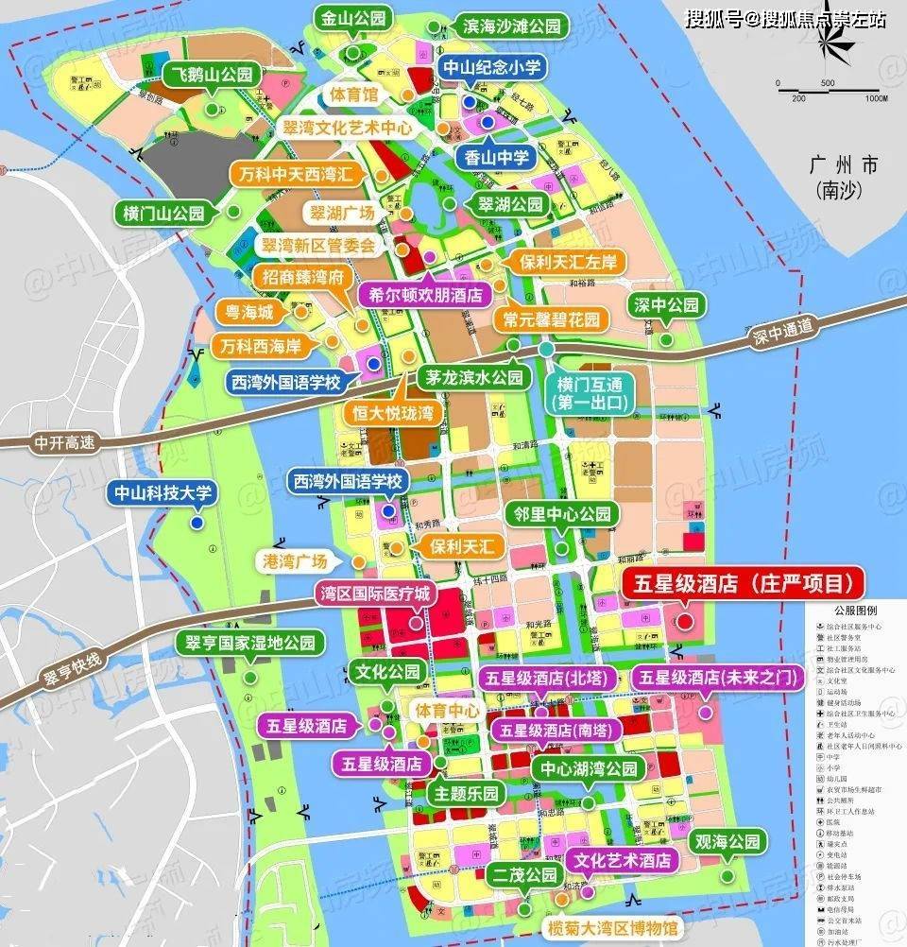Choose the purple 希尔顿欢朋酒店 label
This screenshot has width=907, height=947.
tap(419, 294)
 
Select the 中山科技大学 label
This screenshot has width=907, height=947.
tap(164, 491)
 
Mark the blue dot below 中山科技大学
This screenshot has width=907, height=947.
tap(197, 523)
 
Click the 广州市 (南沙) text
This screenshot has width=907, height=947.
tap(844, 178)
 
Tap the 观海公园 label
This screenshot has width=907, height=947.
tap(727, 841)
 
